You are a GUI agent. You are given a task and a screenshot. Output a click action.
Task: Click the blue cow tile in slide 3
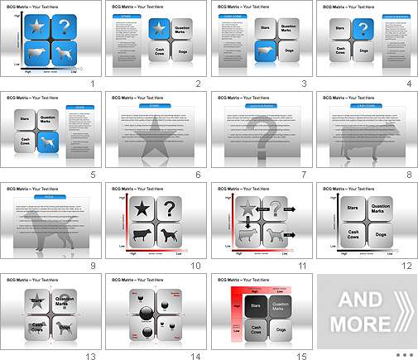coord(264,53)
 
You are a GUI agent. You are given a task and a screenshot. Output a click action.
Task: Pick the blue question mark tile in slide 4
coord(363,31)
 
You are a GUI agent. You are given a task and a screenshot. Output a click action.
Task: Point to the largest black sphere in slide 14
coord(144,311)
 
